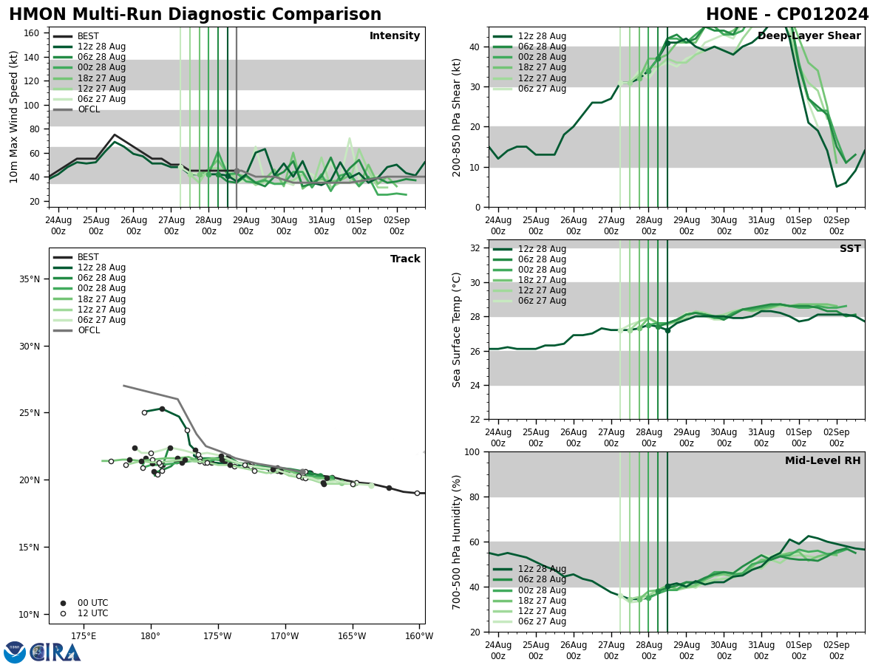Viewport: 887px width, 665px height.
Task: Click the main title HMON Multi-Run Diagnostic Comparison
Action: (195, 15)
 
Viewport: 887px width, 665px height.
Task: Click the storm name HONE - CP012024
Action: (787, 15)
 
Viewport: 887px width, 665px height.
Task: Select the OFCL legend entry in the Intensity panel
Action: (88, 109)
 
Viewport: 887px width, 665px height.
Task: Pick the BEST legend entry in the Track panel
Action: (88, 257)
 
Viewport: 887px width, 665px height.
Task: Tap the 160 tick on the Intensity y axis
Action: (34, 33)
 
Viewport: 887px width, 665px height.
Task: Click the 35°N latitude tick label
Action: (30, 279)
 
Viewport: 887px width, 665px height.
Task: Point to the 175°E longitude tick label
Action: (84, 636)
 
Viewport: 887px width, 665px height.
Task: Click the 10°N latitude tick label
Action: (30, 615)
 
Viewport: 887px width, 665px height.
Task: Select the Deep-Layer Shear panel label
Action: (809, 36)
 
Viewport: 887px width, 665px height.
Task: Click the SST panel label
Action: (850, 249)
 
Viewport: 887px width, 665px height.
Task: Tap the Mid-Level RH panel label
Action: (823, 461)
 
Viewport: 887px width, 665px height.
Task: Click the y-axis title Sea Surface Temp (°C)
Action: (458, 330)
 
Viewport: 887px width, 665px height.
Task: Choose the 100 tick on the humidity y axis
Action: (473, 452)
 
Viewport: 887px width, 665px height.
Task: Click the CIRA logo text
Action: (56, 652)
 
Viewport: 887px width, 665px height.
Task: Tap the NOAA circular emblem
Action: (15, 652)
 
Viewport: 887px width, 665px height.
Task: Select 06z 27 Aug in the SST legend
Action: (543, 301)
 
